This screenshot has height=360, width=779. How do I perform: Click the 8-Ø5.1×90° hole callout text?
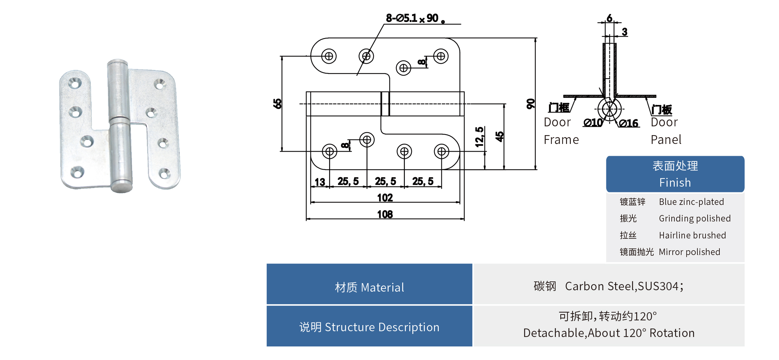(x=415, y=18)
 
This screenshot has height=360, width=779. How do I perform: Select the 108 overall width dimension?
(x=385, y=214)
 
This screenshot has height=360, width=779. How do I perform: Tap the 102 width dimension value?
(x=385, y=198)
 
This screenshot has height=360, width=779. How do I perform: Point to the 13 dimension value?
(x=320, y=182)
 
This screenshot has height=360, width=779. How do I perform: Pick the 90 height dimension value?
(x=531, y=104)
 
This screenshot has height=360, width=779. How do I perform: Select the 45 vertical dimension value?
(x=499, y=136)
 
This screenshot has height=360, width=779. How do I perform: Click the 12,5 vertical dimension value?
(x=479, y=137)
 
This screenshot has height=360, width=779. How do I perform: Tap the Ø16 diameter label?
(x=629, y=124)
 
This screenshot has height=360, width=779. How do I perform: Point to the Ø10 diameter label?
(x=593, y=123)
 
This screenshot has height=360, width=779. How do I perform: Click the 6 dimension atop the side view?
(x=609, y=18)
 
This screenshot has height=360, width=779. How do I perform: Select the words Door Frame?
(x=561, y=131)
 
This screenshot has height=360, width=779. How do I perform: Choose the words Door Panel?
(x=666, y=131)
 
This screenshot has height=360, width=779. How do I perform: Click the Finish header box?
(x=675, y=174)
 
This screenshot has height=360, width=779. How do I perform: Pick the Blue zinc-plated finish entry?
(x=691, y=202)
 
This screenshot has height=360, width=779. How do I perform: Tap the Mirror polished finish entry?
(x=689, y=252)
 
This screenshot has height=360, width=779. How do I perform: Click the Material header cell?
(x=369, y=287)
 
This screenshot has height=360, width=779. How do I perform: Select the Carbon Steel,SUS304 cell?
(x=609, y=287)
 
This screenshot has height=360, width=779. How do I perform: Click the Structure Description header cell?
(x=369, y=327)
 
